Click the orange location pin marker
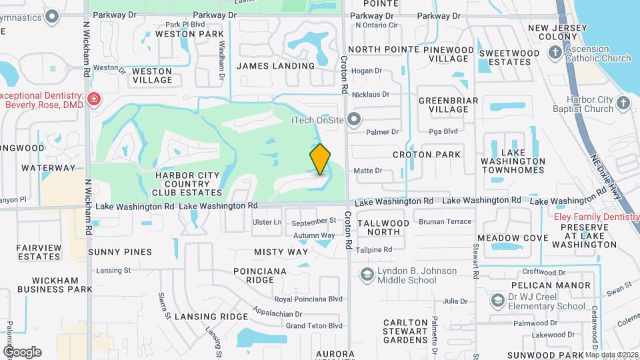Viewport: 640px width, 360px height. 320,159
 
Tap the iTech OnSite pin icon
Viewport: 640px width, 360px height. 353,121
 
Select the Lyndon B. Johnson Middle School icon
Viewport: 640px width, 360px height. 367,275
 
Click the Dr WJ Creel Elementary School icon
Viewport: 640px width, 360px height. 497,301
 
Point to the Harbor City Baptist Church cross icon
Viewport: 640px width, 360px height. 623,103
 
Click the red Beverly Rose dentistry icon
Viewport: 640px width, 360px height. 94,100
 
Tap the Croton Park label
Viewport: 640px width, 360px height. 427,155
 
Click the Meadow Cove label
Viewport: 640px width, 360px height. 513,238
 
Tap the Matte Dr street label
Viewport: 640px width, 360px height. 367,171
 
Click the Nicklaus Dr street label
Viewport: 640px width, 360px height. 370,95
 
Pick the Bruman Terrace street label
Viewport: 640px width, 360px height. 445,221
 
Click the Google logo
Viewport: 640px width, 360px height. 22,351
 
